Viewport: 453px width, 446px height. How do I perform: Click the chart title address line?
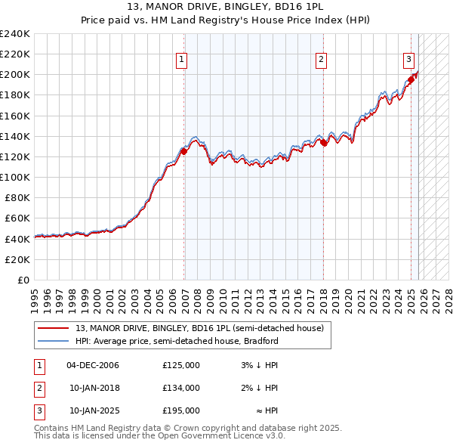point(226,7)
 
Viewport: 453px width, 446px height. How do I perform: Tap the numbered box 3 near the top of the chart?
point(408,59)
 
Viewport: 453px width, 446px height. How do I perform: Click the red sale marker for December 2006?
point(183,151)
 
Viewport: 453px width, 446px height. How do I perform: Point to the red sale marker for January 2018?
point(323,142)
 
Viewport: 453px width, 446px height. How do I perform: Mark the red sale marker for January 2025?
point(411,79)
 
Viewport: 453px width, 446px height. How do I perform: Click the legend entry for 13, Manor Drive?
point(199,328)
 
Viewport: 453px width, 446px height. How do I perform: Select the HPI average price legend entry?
point(177,341)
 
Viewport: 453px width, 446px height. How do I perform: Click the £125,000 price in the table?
point(181,365)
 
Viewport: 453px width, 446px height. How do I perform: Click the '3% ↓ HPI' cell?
point(259,365)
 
